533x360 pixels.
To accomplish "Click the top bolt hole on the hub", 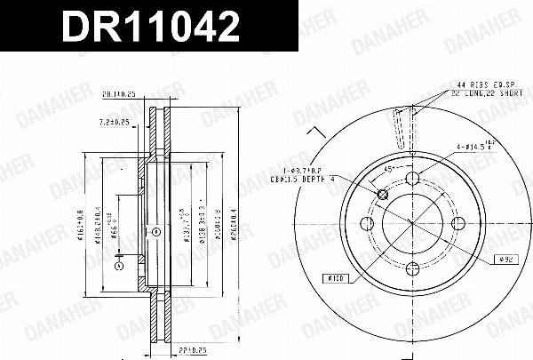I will pyautogui.click(x=412, y=180).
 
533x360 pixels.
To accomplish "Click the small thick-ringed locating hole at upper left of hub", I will pyautogui.click(x=383, y=194).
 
